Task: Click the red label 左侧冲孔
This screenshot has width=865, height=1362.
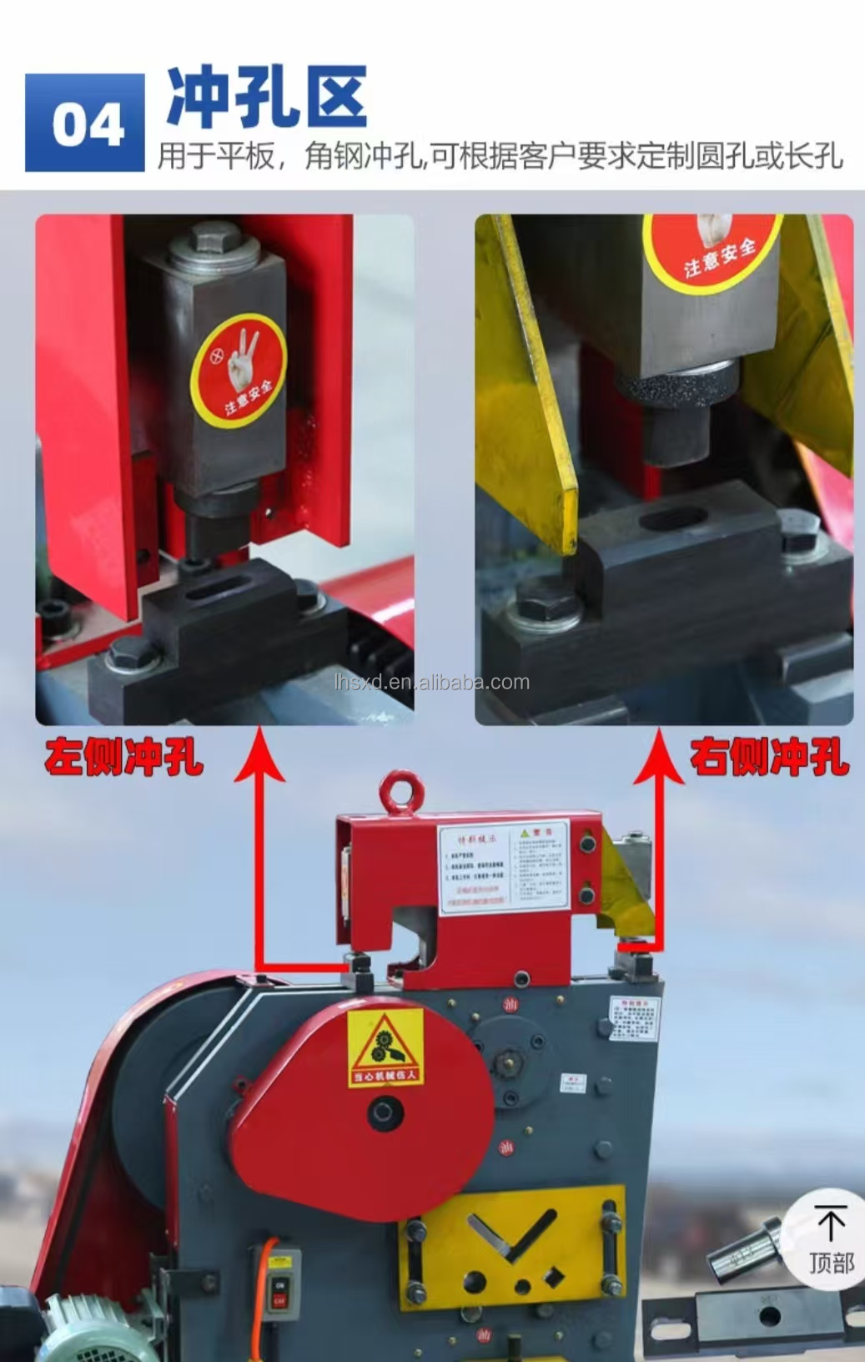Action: point(123,757)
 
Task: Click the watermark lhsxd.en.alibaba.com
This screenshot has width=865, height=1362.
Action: point(430,682)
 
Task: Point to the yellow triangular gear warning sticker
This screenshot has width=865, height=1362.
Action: point(385,1047)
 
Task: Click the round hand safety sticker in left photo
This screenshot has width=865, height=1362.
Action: point(239,370)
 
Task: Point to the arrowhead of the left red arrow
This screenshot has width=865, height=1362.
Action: point(260,755)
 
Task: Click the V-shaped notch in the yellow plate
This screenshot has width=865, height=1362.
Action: point(511,1235)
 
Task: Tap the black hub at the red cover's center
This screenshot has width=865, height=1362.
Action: point(385,1113)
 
